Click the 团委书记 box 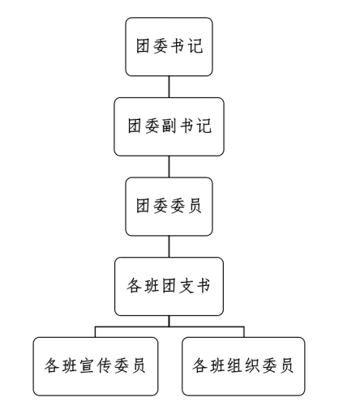pyautogui.click(x=169, y=47)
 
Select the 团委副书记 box pyautogui.click(x=169, y=126)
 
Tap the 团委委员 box pyautogui.click(x=169, y=207)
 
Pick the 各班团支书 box pyautogui.click(x=169, y=287)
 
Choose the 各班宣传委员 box pyautogui.click(x=96, y=366)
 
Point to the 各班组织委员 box pyautogui.click(x=243, y=366)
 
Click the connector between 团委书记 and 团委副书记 pyautogui.click(x=169, y=87)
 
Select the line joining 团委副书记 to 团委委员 pyautogui.click(x=169, y=167)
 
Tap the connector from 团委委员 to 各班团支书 pyautogui.click(x=169, y=246)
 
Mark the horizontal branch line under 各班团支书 pyautogui.click(x=169, y=327)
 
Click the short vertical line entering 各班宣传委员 pyautogui.click(x=95, y=332)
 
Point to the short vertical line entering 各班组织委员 pyautogui.click(x=244, y=332)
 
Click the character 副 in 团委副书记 pyautogui.click(x=169, y=126)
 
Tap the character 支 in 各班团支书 pyautogui.click(x=186, y=286)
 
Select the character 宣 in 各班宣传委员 pyautogui.click(x=87, y=365)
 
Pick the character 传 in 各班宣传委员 pyautogui.click(x=105, y=365)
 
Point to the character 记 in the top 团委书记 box pyautogui.click(x=195, y=46)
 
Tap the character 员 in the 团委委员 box pyautogui.click(x=195, y=206)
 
